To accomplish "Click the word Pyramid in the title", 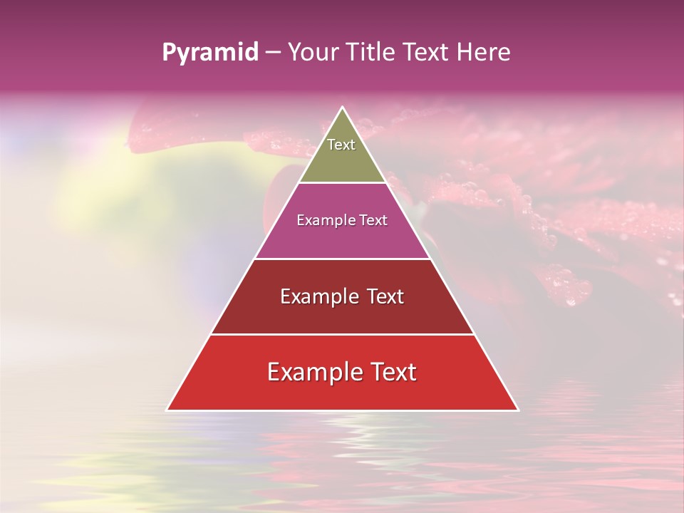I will (209, 53).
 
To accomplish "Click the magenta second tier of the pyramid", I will (342, 235).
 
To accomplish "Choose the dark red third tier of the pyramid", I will (342, 313).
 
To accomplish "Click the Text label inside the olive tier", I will (341, 145).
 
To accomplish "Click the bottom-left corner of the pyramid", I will (167, 410).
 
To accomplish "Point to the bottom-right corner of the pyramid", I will (518, 410).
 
